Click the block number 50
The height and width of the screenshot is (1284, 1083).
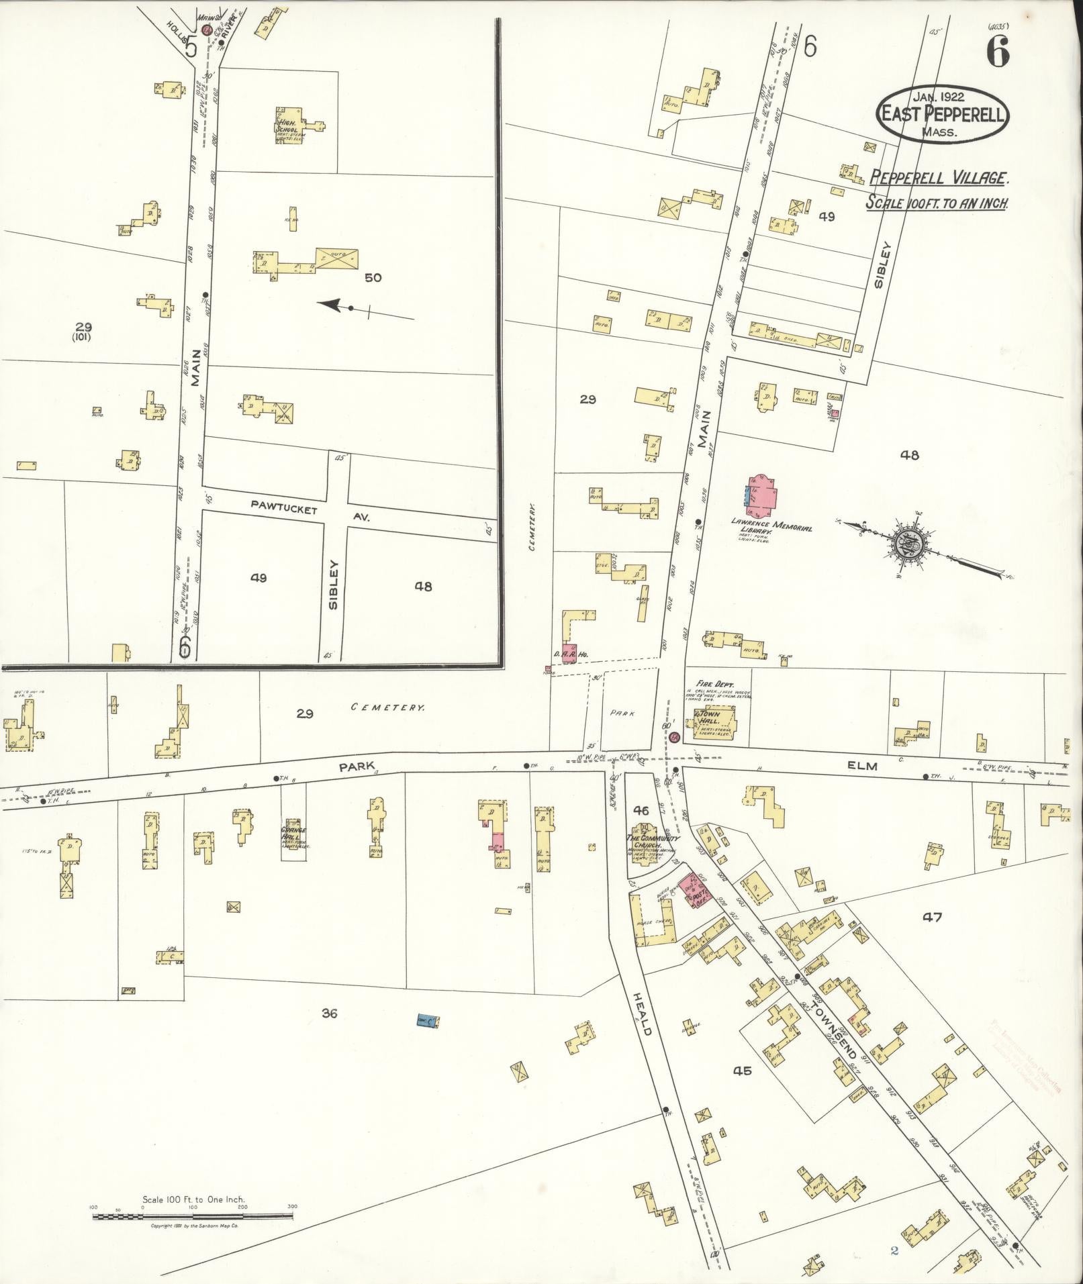point(373,277)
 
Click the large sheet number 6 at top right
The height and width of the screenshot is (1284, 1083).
point(998,52)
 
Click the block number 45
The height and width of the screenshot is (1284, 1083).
point(742,1071)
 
